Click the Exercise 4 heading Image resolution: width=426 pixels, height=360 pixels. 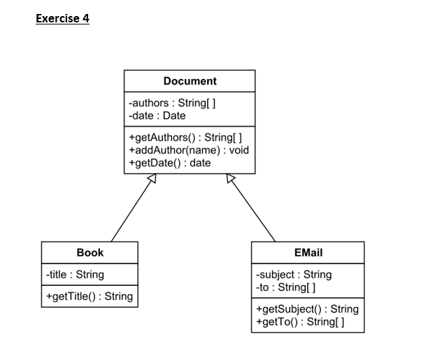click(62, 19)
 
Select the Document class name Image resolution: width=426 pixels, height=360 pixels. click(190, 81)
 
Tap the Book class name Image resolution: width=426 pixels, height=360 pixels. click(90, 252)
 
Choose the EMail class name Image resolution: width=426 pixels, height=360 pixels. click(308, 252)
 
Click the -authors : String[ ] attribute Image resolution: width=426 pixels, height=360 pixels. click(171, 103)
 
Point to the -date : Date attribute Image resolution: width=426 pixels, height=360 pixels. click(157, 115)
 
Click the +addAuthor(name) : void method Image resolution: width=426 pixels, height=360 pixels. click(189, 150)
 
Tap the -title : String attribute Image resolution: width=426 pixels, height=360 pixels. click(73, 275)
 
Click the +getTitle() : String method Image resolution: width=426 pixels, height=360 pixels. click(88, 296)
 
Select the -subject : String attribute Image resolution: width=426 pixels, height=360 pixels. click(294, 275)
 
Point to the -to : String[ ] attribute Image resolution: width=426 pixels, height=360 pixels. click(287, 287)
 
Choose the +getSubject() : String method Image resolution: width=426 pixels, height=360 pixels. click(307, 309)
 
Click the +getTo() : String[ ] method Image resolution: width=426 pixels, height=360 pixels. click(300, 322)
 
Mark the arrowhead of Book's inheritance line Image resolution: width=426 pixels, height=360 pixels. click(150, 180)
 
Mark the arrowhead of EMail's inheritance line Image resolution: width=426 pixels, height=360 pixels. click(231, 180)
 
